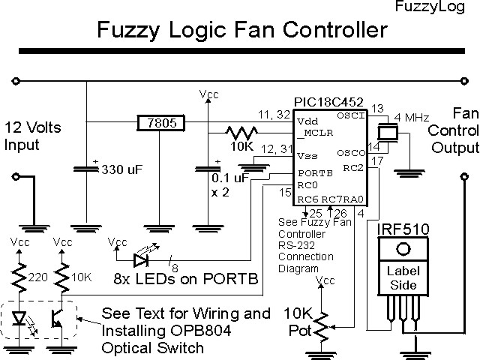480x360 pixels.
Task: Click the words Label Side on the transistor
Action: tap(403, 278)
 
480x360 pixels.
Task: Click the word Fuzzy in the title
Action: tap(127, 31)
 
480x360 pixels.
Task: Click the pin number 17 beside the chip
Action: tap(377, 160)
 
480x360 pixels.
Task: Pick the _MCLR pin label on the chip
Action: tap(312, 133)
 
